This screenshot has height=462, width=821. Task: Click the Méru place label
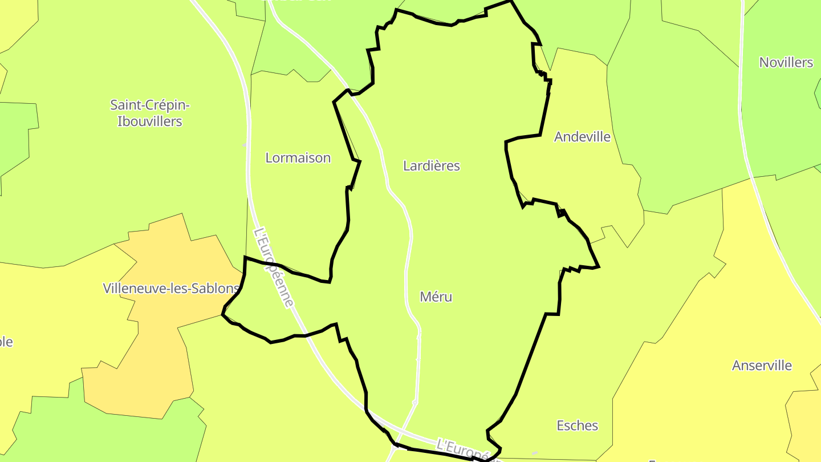click(x=436, y=297)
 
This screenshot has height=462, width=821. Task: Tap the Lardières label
click(x=431, y=166)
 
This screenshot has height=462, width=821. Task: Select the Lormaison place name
click(x=298, y=158)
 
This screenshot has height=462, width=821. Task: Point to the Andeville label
click(x=582, y=137)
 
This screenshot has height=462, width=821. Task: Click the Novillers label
click(x=786, y=63)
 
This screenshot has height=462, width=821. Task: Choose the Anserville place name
click(x=762, y=366)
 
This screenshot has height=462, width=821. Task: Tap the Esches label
click(x=577, y=425)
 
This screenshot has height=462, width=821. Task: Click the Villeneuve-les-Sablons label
click(x=170, y=288)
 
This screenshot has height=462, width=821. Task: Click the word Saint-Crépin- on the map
click(x=150, y=105)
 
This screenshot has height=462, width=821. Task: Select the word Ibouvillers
click(x=150, y=121)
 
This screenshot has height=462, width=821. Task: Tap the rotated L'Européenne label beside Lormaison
click(x=274, y=267)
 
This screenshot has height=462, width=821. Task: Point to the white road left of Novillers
click(x=741, y=86)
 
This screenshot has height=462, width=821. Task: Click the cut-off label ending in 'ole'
click(x=6, y=342)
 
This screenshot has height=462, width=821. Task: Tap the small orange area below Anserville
click(x=804, y=416)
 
